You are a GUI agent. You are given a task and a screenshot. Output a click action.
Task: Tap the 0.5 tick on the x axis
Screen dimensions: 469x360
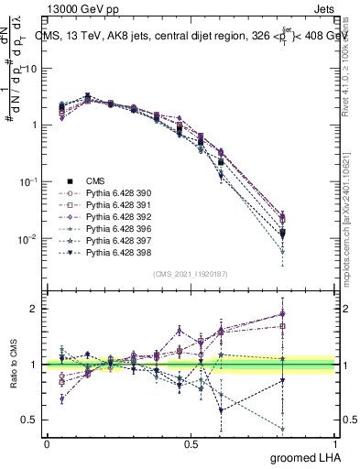pyautogui.click(x=191, y=444)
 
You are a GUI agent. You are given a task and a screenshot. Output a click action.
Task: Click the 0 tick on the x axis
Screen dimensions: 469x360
pyautogui.click(x=48, y=444)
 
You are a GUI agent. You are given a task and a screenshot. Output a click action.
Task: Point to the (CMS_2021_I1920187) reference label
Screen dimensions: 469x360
pyautogui.click(x=191, y=274)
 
